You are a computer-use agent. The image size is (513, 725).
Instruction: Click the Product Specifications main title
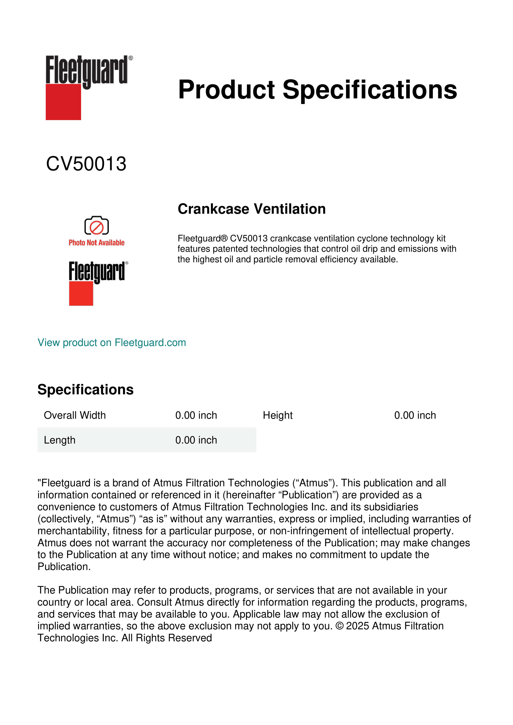coord(317,90)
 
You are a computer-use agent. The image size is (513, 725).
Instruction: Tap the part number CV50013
coord(86,164)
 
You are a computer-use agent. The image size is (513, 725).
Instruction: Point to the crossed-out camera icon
coord(96,226)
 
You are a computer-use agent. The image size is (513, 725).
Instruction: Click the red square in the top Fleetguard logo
coord(63,102)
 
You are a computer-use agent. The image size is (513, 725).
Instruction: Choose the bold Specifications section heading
coord(85,390)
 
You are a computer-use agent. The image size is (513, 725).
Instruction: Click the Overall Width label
coord(75,415)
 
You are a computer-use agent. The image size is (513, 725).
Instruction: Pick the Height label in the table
coord(278,415)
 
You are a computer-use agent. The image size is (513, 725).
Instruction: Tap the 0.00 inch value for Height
coord(415,415)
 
